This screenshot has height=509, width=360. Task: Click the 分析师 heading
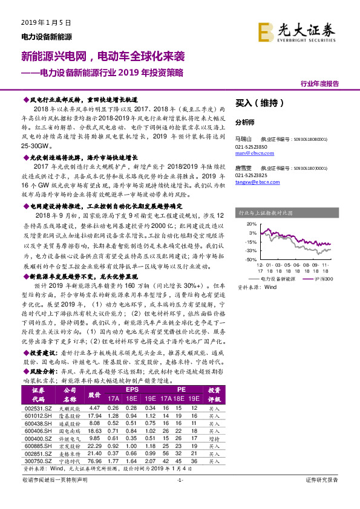point(245,121)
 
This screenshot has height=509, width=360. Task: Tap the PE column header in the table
point(181,391)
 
